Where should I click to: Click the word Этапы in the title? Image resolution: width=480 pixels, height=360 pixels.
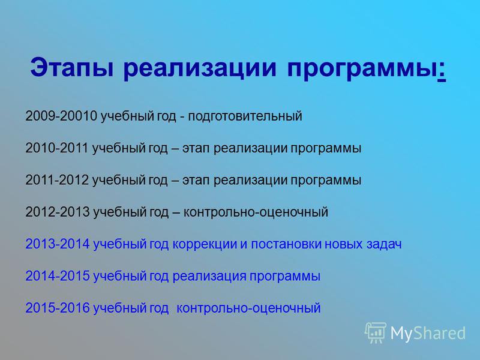pyautogui.click(x=72, y=68)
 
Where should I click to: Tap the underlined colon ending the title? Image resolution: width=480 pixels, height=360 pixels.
pyautogui.click(x=442, y=70)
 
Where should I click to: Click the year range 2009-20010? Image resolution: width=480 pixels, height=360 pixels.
pyautogui.click(x=61, y=116)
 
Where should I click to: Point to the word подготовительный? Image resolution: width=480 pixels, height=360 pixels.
pyautogui.click(x=245, y=116)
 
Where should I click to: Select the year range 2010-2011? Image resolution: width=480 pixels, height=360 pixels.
pyautogui.click(x=57, y=148)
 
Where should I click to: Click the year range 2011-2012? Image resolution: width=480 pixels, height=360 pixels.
pyautogui.click(x=57, y=180)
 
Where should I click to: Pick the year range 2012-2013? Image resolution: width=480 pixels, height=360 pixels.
pyautogui.click(x=57, y=212)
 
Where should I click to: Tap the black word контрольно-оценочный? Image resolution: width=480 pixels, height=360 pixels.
pyautogui.click(x=256, y=212)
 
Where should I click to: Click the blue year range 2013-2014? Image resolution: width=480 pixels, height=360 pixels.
pyautogui.click(x=57, y=244)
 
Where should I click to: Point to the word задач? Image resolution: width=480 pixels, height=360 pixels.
pyautogui.click(x=384, y=245)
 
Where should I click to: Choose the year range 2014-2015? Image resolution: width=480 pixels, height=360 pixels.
pyautogui.click(x=57, y=276)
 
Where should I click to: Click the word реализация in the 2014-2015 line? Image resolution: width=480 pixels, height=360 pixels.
pyautogui.click(x=209, y=277)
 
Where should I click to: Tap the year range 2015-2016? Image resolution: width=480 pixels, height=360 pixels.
pyautogui.click(x=57, y=308)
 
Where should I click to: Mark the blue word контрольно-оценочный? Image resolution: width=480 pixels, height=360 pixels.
pyautogui.click(x=248, y=308)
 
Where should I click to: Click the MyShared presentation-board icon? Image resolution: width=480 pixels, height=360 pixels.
pyautogui.click(x=376, y=333)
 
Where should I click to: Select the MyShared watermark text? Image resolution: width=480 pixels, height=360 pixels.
pyautogui.click(x=428, y=333)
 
